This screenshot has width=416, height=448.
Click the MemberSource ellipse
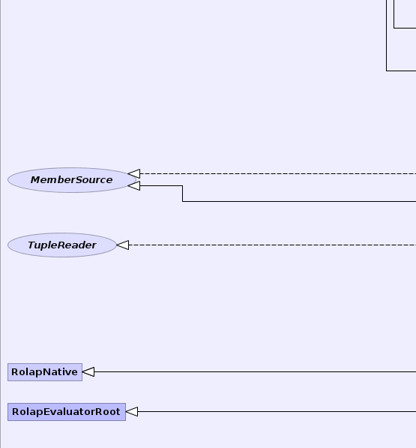pyautogui.click(x=72, y=180)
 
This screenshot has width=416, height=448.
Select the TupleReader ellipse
pyautogui.click(x=62, y=245)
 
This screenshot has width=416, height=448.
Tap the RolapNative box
pyautogui.click(x=45, y=372)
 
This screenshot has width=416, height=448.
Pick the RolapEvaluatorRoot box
pyautogui.click(x=67, y=412)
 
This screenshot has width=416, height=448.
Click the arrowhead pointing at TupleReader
pyautogui.click(x=123, y=245)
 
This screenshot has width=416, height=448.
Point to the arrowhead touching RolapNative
pyautogui.click(x=88, y=372)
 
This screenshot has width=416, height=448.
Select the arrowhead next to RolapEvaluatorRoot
pyautogui.click(x=131, y=412)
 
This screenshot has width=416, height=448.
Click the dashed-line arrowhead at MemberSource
pyautogui.click(x=134, y=173)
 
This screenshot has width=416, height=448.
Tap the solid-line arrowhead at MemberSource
pyautogui.click(x=134, y=185)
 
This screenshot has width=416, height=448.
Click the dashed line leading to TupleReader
pyautogui.click(x=272, y=245)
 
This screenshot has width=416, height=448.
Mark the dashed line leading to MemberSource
pyautogui.click(x=278, y=173)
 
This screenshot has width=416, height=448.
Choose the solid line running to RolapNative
pyautogui.click(x=255, y=372)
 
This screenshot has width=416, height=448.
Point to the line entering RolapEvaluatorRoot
pyautogui.click(x=277, y=412)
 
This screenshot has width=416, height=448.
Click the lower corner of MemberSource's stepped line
pyautogui.click(x=183, y=201)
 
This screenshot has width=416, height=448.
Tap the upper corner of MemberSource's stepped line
pyautogui.click(x=183, y=185)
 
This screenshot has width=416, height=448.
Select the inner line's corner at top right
pyautogui.click(x=394, y=28)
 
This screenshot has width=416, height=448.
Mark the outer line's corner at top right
pyautogui.click(x=387, y=71)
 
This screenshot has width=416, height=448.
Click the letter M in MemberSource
pyautogui.click(x=36, y=180)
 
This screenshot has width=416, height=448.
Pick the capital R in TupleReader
pyautogui.click(x=62, y=245)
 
